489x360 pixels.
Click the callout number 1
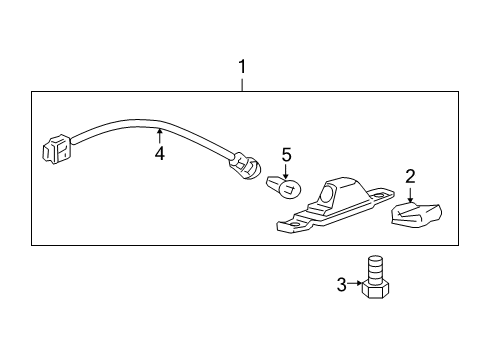pyautogui.click(x=241, y=67)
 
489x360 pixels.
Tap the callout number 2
pyautogui.click(x=410, y=176)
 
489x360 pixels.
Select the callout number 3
pyautogui.click(x=341, y=285)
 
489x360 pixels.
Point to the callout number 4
pyautogui.click(x=158, y=154)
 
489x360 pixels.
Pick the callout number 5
pyautogui.click(x=286, y=155)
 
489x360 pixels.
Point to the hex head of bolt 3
pyautogui.click(x=377, y=290)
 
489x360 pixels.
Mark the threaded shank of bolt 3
pyautogui.click(x=376, y=268)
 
